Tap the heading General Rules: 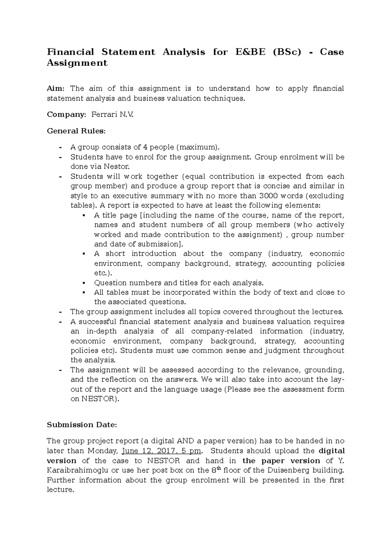76,131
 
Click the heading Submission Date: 81,425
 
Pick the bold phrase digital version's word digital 331,451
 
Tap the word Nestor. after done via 116,167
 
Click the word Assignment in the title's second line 77,63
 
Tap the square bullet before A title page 84,215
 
